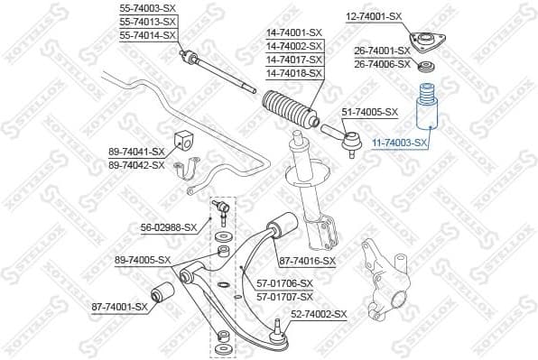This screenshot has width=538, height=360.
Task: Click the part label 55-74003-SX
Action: pos(148,7)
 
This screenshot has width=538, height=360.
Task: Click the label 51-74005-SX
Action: pos(369,112)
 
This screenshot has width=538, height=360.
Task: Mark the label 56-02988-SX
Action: pos(169,227)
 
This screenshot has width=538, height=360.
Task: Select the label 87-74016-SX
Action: pos(306,261)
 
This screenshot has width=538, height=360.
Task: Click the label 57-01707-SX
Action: pos(284,296)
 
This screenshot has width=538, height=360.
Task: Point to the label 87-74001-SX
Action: pos(119,307)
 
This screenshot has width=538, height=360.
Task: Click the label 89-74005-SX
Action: pos(143,260)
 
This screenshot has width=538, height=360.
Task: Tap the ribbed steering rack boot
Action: pos(287,112)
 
